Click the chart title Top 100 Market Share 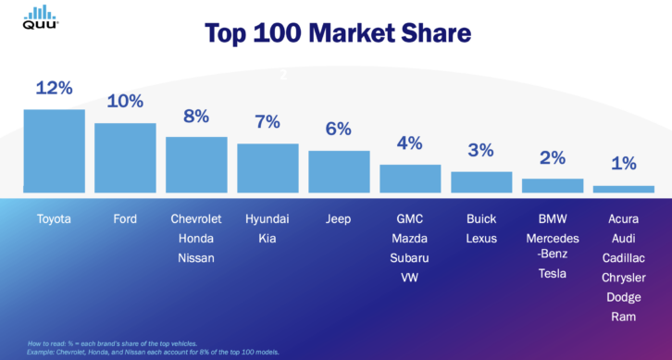coord(338,34)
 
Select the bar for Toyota coord(54,152)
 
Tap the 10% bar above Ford coord(125,158)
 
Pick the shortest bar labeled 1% coord(623,190)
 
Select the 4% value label coord(409,143)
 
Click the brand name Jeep coord(338,219)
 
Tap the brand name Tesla coord(552,273)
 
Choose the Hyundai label coord(267,219)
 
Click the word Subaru coord(409,258)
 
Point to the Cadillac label coord(623,258)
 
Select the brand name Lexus coord(480,239)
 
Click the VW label coord(409,278)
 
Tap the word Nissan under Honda coord(196,258)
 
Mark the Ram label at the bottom coord(623,317)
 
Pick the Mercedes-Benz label coord(552,245)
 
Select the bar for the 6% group coord(338,171)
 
